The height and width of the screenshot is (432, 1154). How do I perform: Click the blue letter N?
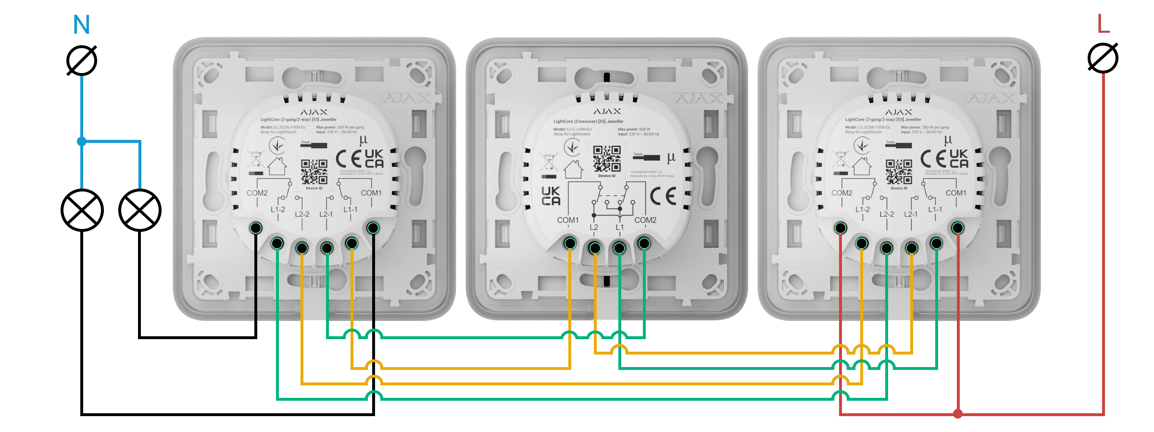pos(81,25)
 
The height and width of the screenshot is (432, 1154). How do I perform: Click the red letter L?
pos(1103,24)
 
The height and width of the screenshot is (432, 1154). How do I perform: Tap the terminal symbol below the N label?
pos(82,61)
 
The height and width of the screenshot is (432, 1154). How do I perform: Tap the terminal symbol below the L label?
pos(1103,58)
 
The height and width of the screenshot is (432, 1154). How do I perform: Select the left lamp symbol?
pos(82,210)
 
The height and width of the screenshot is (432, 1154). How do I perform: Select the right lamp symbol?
pos(140,210)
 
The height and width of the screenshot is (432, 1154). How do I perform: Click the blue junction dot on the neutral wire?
pos(82,141)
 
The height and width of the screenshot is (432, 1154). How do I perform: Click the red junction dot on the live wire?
pos(958,414)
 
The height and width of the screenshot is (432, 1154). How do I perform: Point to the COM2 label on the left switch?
pos(257,193)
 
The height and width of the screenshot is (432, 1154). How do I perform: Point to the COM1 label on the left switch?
pos(371,193)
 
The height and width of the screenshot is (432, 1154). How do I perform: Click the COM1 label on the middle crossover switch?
pos(568,220)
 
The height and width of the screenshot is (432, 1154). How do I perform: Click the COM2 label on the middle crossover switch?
pos(645,220)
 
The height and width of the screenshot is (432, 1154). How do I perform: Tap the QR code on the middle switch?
pos(606,159)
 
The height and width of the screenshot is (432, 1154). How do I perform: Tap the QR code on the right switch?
pos(899,172)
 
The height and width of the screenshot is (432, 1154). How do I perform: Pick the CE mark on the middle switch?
pos(663,196)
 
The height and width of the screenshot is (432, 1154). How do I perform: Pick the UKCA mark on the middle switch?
pos(551,196)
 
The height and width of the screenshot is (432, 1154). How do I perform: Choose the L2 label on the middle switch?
pos(594,227)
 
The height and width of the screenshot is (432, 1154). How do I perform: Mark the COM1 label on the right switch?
pos(956,193)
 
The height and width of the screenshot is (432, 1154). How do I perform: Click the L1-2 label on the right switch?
pos(863,210)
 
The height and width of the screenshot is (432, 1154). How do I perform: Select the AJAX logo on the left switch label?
pos(314,112)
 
